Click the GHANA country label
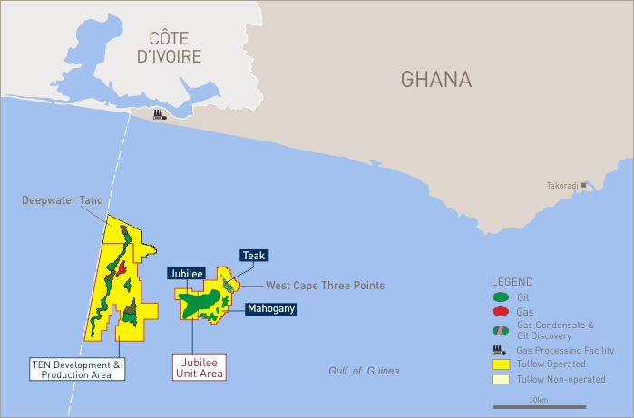pos(436,80)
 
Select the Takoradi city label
pos(561,185)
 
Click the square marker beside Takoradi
pos(584,184)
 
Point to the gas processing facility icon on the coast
pos(159,114)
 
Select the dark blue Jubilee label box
pos(186,272)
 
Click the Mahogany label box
pos(270,308)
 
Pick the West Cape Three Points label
pos(325,286)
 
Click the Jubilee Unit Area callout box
pos(198,366)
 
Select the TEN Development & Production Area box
pos(76,368)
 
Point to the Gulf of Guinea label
pos(363,371)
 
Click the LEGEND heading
pos(512,282)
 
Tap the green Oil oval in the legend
pos(500,296)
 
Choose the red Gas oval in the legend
pos(500,311)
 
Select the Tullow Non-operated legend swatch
pos(500,379)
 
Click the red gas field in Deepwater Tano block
pos(121,269)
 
